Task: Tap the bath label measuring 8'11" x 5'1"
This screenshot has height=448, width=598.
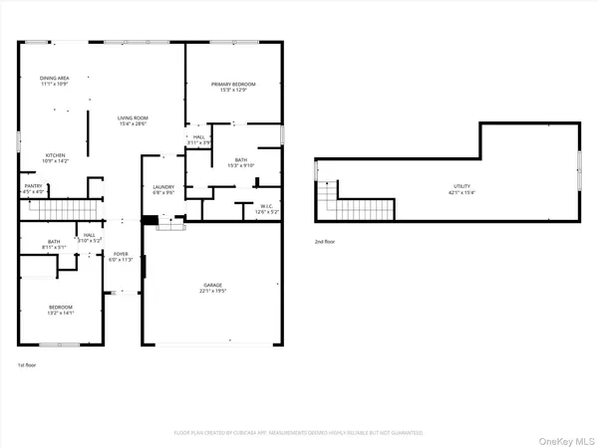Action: (x=54, y=242)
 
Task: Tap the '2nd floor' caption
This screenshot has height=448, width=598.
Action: (x=323, y=241)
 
